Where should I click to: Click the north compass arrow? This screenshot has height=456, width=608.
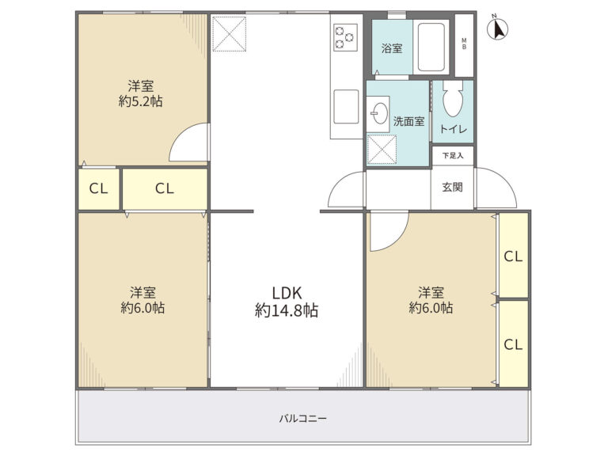click(498, 29)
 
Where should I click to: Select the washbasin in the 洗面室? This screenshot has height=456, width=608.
click(378, 113)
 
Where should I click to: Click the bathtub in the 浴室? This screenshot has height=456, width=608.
click(431, 47)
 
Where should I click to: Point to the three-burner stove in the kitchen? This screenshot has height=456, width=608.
click(345, 37)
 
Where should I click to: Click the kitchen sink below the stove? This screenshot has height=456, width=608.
click(346, 107)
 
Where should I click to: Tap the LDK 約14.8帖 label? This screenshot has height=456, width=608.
click(287, 302)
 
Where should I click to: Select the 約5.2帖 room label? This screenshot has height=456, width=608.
click(140, 93)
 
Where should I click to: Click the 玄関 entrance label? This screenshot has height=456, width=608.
click(453, 188)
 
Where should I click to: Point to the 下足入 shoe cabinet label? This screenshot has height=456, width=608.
click(453, 155)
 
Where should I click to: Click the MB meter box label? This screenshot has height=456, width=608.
click(464, 44)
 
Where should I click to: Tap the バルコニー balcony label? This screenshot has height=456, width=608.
click(303, 419)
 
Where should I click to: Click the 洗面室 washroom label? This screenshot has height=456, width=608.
click(408, 121)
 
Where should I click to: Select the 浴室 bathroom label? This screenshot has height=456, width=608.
click(392, 48)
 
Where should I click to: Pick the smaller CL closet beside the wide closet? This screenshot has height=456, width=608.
click(98, 188)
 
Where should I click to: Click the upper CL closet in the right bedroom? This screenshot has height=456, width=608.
click(513, 256)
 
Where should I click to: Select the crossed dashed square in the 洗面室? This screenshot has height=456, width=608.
click(382, 150)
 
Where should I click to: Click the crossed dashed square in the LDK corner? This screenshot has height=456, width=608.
click(230, 33)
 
